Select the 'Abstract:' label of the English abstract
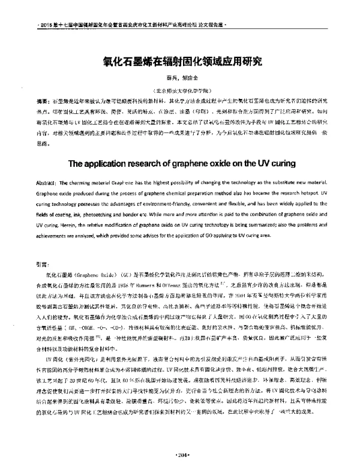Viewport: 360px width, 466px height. [48, 182]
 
